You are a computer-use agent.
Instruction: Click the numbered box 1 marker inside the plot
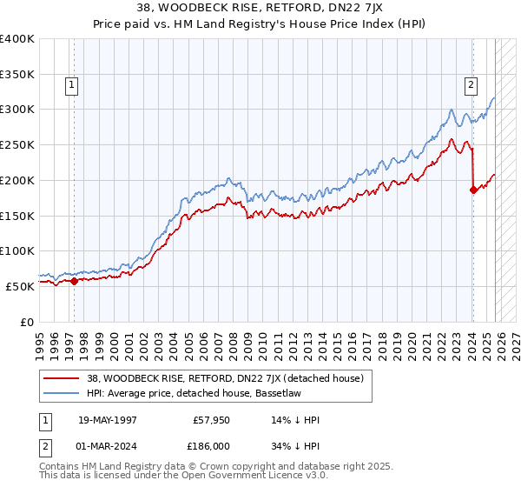coord(70,84)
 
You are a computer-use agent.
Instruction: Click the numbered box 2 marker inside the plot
coord(471,84)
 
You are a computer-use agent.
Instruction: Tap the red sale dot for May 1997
coord(74,281)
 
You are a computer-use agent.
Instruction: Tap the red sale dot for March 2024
coord(473,190)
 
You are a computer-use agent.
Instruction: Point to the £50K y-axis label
coord(20,286)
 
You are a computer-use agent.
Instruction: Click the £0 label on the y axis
coord(28,322)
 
